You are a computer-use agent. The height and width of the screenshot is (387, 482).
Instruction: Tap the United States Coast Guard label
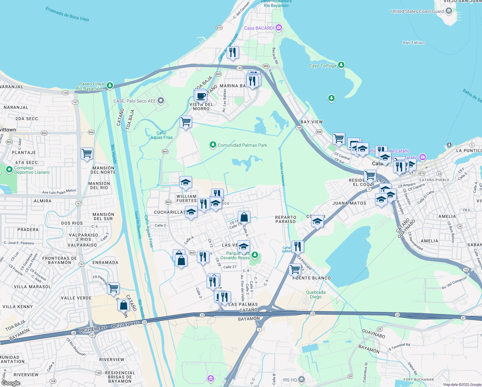pos(417,11)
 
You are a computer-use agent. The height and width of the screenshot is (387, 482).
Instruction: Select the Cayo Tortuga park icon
pos(341,65)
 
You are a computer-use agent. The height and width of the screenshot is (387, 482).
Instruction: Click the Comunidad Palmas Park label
pos(242,145)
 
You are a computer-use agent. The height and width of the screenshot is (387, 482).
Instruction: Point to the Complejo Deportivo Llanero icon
pos(9,169)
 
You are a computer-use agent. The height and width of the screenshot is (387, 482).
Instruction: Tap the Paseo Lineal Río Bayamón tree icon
pos(110,85)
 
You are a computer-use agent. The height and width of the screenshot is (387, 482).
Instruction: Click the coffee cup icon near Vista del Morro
pos(200,96)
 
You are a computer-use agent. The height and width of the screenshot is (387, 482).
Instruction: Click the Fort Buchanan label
pos(419,380)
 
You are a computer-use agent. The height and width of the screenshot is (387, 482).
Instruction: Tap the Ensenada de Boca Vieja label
pos(67,14)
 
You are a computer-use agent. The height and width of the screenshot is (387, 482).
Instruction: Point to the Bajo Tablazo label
pos(414,43)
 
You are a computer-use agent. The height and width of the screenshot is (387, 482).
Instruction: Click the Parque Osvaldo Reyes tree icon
pos(255,255)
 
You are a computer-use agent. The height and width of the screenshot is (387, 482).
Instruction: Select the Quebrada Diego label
pos(315,294)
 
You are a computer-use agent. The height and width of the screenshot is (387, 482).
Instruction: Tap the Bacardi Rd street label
pos(275,56)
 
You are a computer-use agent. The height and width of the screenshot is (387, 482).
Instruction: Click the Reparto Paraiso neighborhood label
pos(285,219)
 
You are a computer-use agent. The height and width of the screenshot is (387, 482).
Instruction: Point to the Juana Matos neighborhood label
pos(349,203)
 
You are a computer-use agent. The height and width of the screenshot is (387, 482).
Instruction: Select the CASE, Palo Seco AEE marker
pos(161,101)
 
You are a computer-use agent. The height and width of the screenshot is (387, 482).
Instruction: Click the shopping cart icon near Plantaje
pos(87,154)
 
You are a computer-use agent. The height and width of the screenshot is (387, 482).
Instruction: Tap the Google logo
pos(11,383)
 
